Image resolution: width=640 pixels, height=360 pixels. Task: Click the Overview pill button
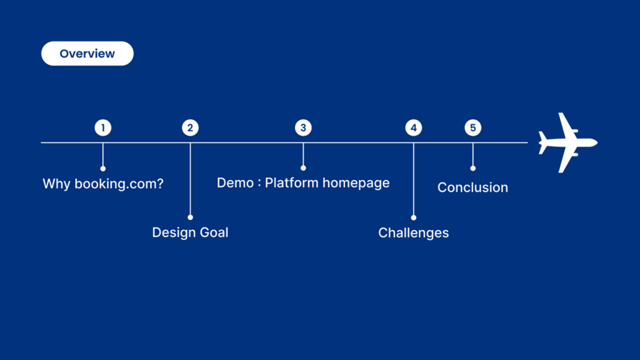click(87, 54)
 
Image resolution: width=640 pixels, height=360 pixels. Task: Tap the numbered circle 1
click(103, 127)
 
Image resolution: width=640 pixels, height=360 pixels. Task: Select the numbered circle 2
click(190, 127)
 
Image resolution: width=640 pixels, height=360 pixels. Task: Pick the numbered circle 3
click(303, 127)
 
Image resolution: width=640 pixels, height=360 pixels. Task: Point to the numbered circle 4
click(414, 127)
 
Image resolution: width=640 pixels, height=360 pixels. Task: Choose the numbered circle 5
click(472, 127)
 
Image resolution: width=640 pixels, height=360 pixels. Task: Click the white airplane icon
click(567, 143)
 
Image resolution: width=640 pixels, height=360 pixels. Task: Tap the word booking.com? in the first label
click(119, 184)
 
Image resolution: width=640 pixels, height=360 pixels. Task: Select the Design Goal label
click(190, 232)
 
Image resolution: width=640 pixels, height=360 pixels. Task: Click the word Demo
click(235, 182)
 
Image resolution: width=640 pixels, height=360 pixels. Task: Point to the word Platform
click(291, 182)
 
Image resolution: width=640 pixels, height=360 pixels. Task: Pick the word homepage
click(356, 183)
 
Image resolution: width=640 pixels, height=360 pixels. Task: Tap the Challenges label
click(414, 232)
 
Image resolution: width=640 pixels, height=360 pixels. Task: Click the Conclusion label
click(472, 187)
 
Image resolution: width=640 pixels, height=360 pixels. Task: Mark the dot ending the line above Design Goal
click(190, 217)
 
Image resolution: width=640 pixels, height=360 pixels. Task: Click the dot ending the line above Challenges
click(414, 217)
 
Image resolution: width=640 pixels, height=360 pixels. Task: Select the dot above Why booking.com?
click(103, 169)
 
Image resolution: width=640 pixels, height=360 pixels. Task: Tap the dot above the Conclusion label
click(472, 168)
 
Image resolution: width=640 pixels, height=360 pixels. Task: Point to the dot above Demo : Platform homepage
click(303, 167)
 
